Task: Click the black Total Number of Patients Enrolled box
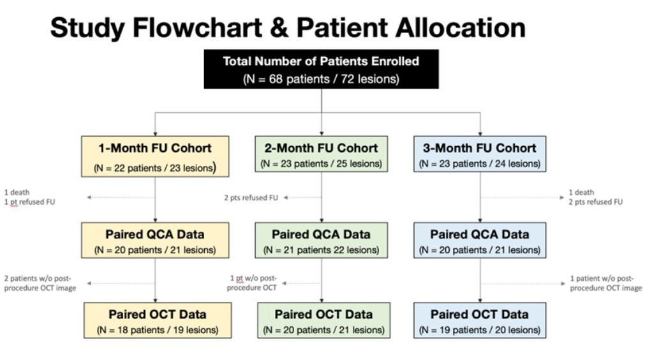(321, 69)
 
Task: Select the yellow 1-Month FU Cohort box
(155, 156)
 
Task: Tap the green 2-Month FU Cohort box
(321, 154)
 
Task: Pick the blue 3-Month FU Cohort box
(480, 154)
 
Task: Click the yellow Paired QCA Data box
(155, 240)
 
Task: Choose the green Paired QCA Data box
(321, 240)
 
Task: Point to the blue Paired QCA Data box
(480, 240)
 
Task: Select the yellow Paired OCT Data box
(157, 320)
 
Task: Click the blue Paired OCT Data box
(480, 320)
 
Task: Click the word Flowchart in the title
(202, 28)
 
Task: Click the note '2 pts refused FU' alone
(251, 198)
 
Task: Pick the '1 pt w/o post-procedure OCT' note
(253, 283)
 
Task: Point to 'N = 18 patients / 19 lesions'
(157, 330)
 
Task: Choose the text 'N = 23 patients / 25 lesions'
(321, 164)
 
